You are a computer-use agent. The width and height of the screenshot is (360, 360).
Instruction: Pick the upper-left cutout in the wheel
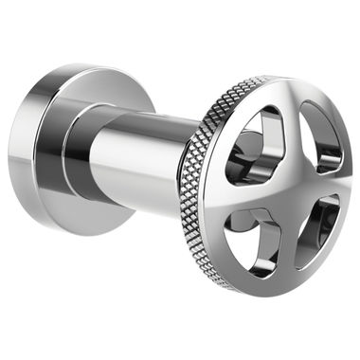[257, 142]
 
